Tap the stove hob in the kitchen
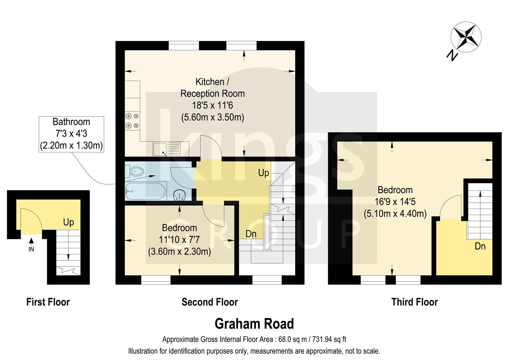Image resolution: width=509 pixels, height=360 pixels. (132, 121)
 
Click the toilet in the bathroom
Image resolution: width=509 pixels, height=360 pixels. (135, 172)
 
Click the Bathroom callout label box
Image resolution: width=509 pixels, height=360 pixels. (71, 134)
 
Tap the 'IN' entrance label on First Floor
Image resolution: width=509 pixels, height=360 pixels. (31, 249)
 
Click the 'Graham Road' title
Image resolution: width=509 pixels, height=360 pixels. (254, 324)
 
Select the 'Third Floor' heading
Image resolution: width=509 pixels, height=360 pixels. (414, 302)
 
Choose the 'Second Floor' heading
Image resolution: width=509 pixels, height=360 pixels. (209, 302)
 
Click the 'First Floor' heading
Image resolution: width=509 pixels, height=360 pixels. (48, 302)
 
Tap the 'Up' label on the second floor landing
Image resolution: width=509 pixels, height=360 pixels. (264, 173)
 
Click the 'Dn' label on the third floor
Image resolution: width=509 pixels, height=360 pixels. (480, 246)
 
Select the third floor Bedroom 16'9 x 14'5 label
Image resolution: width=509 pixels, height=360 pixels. (395, 202)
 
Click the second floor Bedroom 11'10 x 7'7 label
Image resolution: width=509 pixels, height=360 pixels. (179, 240)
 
